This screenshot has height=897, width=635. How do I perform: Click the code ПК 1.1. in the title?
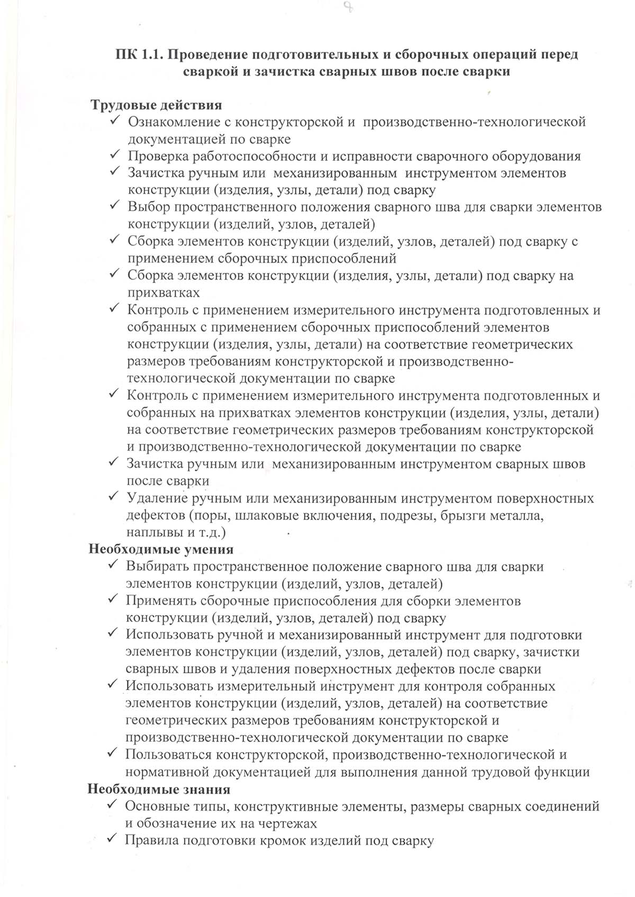pyautogui.click(x=139, y=54)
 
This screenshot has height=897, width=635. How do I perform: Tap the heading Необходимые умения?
pyautogui.click(x=160, y=549)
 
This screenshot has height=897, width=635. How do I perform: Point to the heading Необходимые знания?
pyautogui.click(x=159, y=789)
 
